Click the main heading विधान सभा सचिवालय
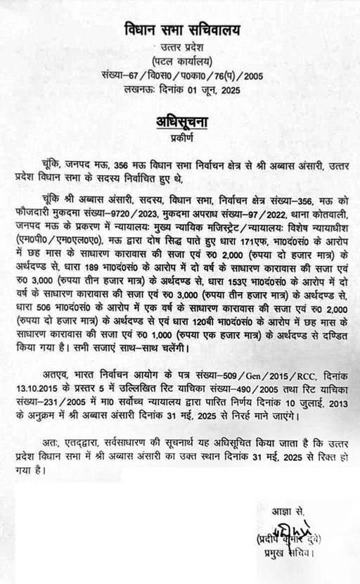click(x=180, y=32)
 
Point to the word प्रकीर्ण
click(x=180, y=138)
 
